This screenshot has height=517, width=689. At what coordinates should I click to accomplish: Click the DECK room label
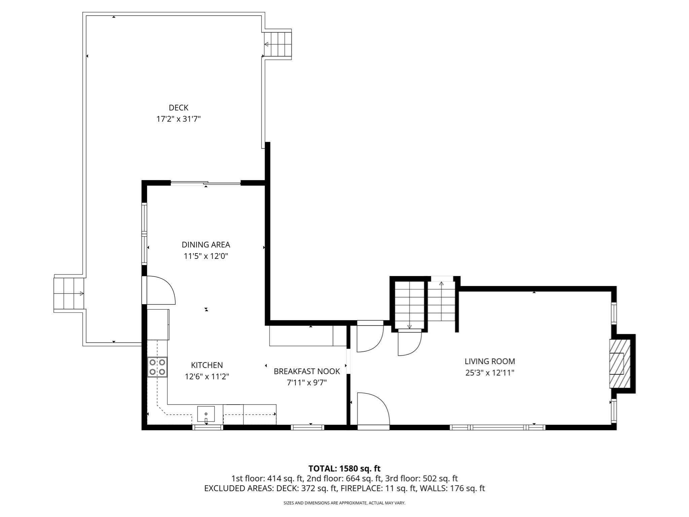178,108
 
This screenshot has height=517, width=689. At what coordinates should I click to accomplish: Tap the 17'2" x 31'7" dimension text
178,119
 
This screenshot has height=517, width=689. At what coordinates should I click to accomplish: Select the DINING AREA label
206,245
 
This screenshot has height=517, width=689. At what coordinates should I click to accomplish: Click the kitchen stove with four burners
157,367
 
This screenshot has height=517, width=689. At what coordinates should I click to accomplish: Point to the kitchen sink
206,414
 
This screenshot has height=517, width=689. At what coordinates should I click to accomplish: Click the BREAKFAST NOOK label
306,371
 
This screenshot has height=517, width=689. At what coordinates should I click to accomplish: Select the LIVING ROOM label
489,361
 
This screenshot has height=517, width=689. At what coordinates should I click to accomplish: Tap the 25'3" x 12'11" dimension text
489,373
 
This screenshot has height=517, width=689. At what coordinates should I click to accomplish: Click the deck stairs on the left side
69,294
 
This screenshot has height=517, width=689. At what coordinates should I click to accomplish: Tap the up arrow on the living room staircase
441,283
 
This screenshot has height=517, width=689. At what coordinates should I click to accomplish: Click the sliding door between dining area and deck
206,183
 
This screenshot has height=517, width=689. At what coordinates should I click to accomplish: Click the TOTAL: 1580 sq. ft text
344,469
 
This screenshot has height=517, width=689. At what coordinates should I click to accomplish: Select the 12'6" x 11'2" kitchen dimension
207,376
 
